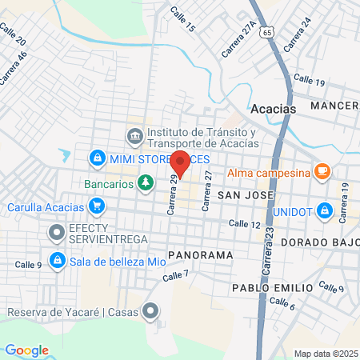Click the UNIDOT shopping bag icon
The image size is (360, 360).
click(x=325, y=211)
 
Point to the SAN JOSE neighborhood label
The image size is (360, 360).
click(x=246, y=194)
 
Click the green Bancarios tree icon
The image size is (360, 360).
click(x=145, y=184)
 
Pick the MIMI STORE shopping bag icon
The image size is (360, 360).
click(x=97, y=158)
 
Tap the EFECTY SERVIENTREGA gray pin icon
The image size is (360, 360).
click(x=56, y=234)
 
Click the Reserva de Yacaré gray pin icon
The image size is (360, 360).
click(x=150, y=312)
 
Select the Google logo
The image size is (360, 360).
click(x=26, y=350)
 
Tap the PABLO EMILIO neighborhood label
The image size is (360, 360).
click(x=272, y=287)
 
